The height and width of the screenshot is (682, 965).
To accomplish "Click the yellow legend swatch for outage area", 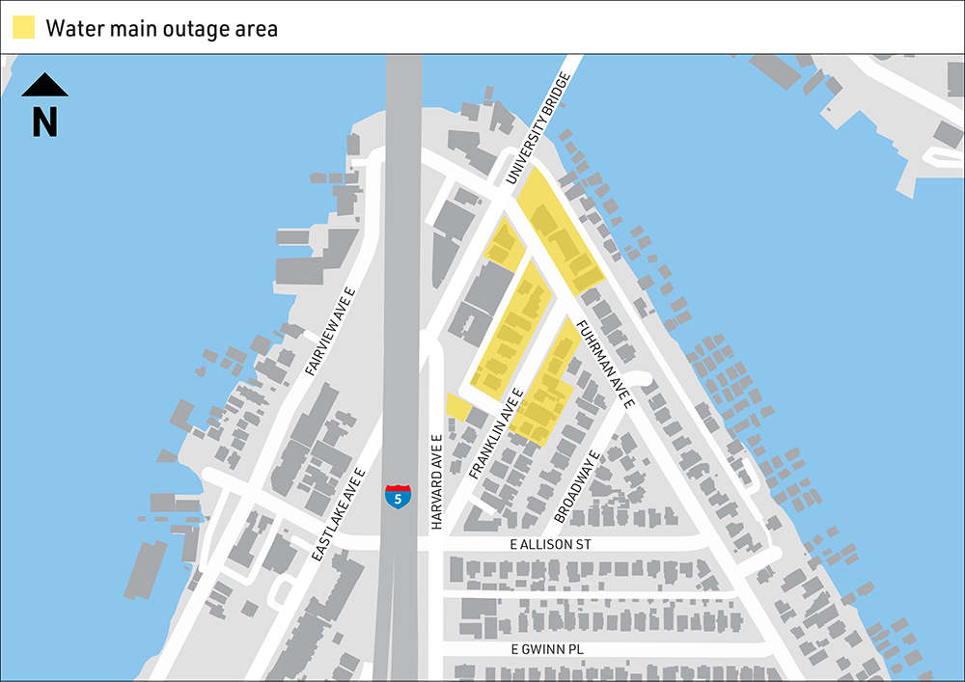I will [x=23, y=27].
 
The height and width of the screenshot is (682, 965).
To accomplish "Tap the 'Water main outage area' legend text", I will [x=161, y=28].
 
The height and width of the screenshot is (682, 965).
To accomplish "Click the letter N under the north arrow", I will [x=44, y=122].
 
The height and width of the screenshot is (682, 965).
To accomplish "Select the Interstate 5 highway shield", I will [x=398, y=497].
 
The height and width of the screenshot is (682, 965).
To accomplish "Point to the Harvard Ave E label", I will [x=436, y=482].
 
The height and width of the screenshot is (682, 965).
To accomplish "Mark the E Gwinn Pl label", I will [x=547, y=649].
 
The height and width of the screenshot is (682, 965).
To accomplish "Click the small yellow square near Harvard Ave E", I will [x=457, y=406].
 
